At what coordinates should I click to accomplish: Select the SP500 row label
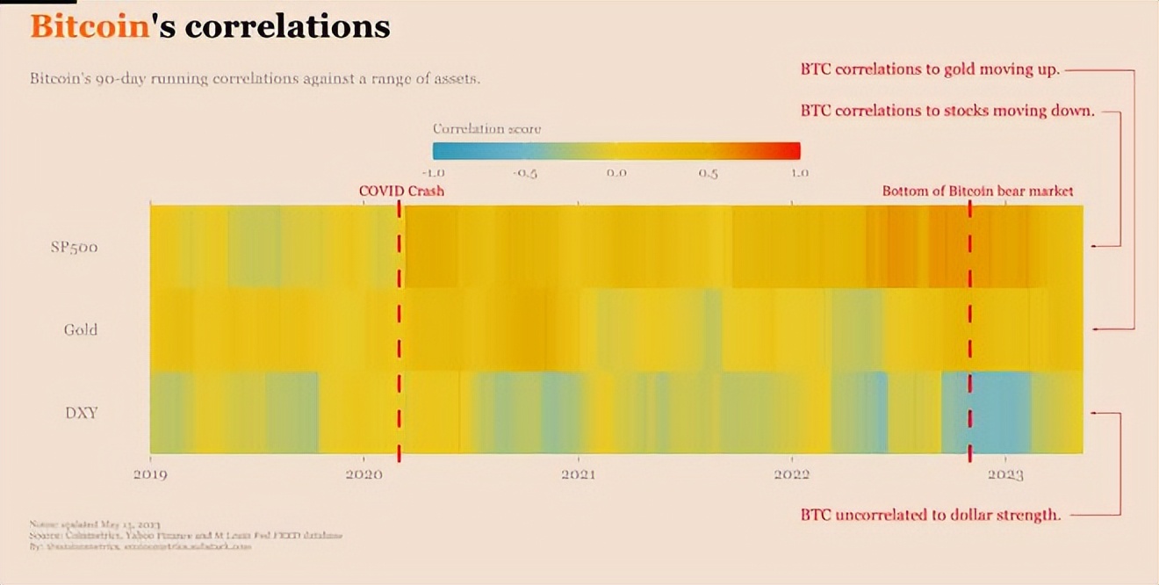[x=74, y=247]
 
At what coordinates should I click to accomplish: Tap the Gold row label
[x=80, y=329]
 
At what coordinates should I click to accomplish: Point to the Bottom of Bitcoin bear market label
[x=977, y=191]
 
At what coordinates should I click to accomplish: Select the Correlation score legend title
[x=486, y=128]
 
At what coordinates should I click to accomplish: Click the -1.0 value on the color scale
[x=435, y=172]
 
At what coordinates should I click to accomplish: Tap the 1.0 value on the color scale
[x=799, y=172]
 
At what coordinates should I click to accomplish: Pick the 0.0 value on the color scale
[x=616, y=172]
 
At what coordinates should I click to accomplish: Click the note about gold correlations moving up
[x=930, y=69]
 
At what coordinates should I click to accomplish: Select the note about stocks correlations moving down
[x=947, y=112]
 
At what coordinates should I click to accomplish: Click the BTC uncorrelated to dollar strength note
[x=931, y=515]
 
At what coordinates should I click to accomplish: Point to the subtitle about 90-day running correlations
[x=255, y=78]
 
